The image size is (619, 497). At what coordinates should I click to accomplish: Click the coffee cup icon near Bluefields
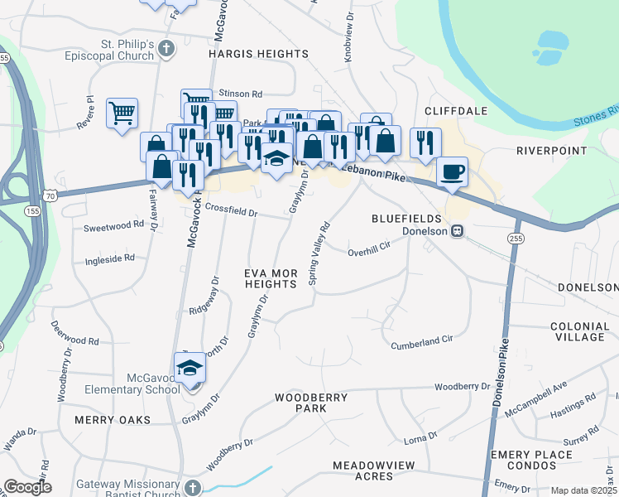452,172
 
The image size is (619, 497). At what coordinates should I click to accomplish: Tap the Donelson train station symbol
456,231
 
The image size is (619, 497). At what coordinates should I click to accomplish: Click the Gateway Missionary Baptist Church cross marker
192,488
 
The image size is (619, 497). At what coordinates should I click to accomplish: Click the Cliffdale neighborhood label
455,110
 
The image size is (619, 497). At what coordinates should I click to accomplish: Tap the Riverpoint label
551,152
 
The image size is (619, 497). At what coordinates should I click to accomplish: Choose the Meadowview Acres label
373,471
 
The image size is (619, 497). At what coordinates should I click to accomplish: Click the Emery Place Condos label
530,460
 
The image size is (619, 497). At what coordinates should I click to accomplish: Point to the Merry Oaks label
113,420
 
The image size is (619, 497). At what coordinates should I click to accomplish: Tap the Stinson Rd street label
240,94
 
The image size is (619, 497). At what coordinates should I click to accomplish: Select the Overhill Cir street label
368,252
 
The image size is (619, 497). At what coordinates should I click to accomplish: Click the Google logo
27,488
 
